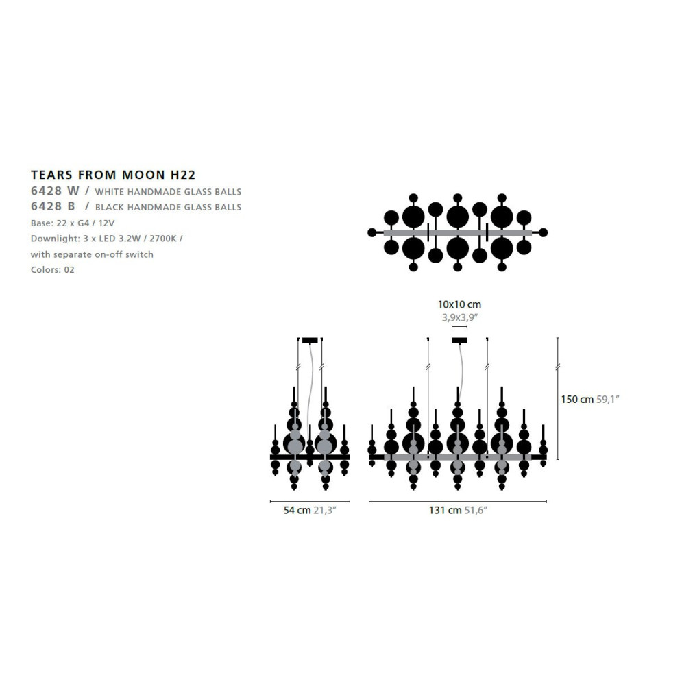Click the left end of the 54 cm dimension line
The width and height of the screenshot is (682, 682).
pyautogui.click(x=270, y=502)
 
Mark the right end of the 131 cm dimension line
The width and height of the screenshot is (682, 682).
pyautogui.click(x=546, y=502)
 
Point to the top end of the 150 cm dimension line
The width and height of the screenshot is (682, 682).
pyautogui.click(x=558, y=338)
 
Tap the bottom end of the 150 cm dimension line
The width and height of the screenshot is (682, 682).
pyautogui.click(x=558, y=459)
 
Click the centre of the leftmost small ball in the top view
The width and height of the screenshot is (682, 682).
pyautogui.click(x=372, y=232)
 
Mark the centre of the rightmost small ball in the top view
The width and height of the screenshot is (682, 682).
pyautogui.click(x=544, y=232)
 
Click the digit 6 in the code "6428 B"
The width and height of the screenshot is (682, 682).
pyautogui.click(x=34, y=206)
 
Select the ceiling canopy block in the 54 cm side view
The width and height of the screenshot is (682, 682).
pyautogui.click(x=310, y=340)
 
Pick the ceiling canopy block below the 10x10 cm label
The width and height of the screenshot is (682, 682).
pyautogui.click(x=459, y=340)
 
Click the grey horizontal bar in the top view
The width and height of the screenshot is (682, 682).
pyautogui.click(x=458, y=232)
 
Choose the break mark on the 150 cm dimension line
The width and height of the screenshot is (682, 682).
pyautogui.click(x=558, y=367)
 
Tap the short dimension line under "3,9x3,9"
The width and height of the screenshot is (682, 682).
pyautogui.click(x=459, y=326)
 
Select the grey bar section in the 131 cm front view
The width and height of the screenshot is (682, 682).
pyautogui.click(x=458, y=457)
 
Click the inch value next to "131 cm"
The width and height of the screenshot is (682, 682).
pyautogui.click(x=476, y=510)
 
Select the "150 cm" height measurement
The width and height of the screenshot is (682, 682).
pyautogui.click(x=577, y=400)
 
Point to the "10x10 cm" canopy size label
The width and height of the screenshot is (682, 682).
pyautogui.click(x=459, y=304)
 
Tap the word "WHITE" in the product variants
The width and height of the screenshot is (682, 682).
pyautogui.click(x=110, y=192)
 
